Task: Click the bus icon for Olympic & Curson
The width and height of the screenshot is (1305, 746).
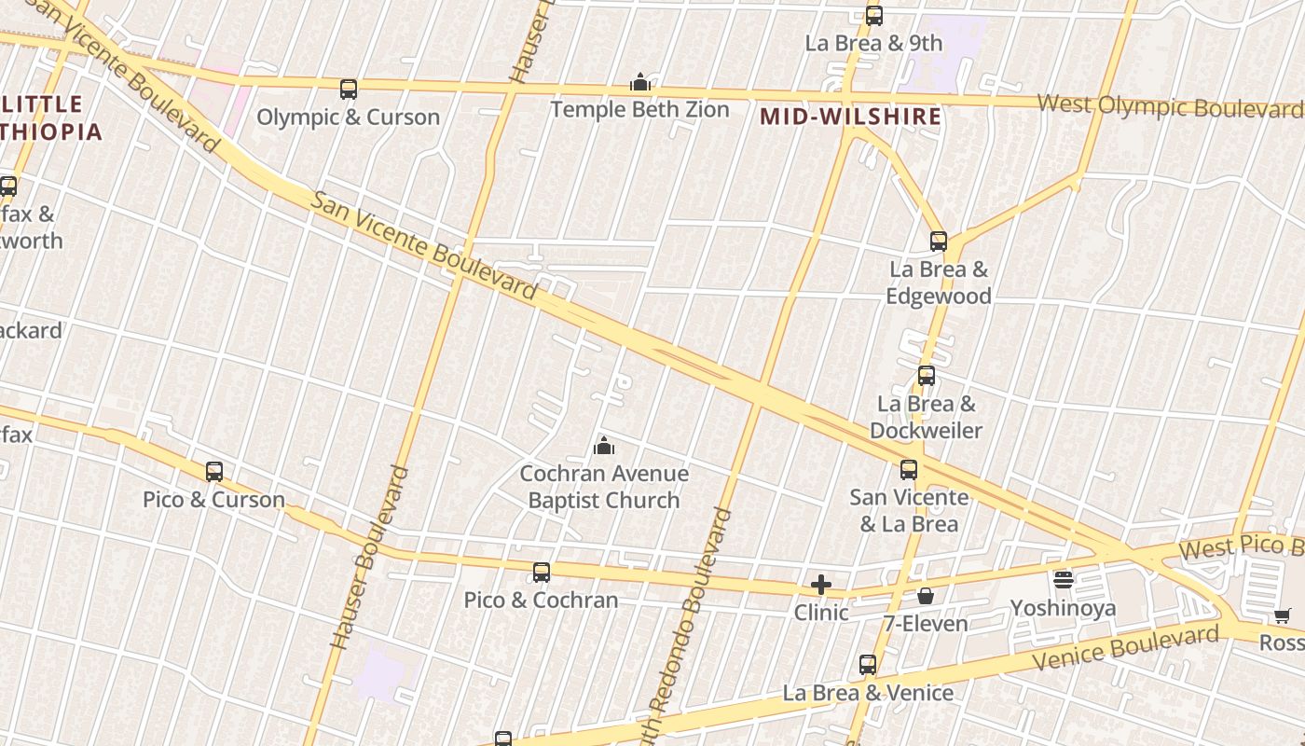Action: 349,90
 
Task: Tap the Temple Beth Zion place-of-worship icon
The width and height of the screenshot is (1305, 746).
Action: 639,82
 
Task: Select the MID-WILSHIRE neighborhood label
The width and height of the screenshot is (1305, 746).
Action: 850,117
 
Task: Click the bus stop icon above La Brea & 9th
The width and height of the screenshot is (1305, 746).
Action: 873,15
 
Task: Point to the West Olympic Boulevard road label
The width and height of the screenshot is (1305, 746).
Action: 1170,106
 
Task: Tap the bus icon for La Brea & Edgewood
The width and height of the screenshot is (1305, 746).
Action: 939,242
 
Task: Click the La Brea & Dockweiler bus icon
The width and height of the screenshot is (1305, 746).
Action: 926,376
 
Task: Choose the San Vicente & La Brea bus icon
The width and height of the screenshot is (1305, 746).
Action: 909,470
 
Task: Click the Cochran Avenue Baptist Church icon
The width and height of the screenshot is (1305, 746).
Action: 604,447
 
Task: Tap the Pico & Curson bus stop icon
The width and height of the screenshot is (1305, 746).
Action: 214,472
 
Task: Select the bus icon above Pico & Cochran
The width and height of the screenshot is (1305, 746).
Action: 542,572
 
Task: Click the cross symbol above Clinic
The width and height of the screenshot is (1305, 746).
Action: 821,585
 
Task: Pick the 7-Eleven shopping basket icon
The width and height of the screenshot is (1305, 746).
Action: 926,595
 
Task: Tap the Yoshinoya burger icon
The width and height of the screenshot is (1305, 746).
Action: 1064,580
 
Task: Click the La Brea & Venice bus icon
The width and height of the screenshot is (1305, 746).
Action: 868,665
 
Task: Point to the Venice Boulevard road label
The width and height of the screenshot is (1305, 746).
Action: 1126,648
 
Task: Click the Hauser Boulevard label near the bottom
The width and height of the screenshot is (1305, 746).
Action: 369,558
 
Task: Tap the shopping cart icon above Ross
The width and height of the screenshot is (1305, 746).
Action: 1283,615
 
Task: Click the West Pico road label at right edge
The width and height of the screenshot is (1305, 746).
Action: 1240,546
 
